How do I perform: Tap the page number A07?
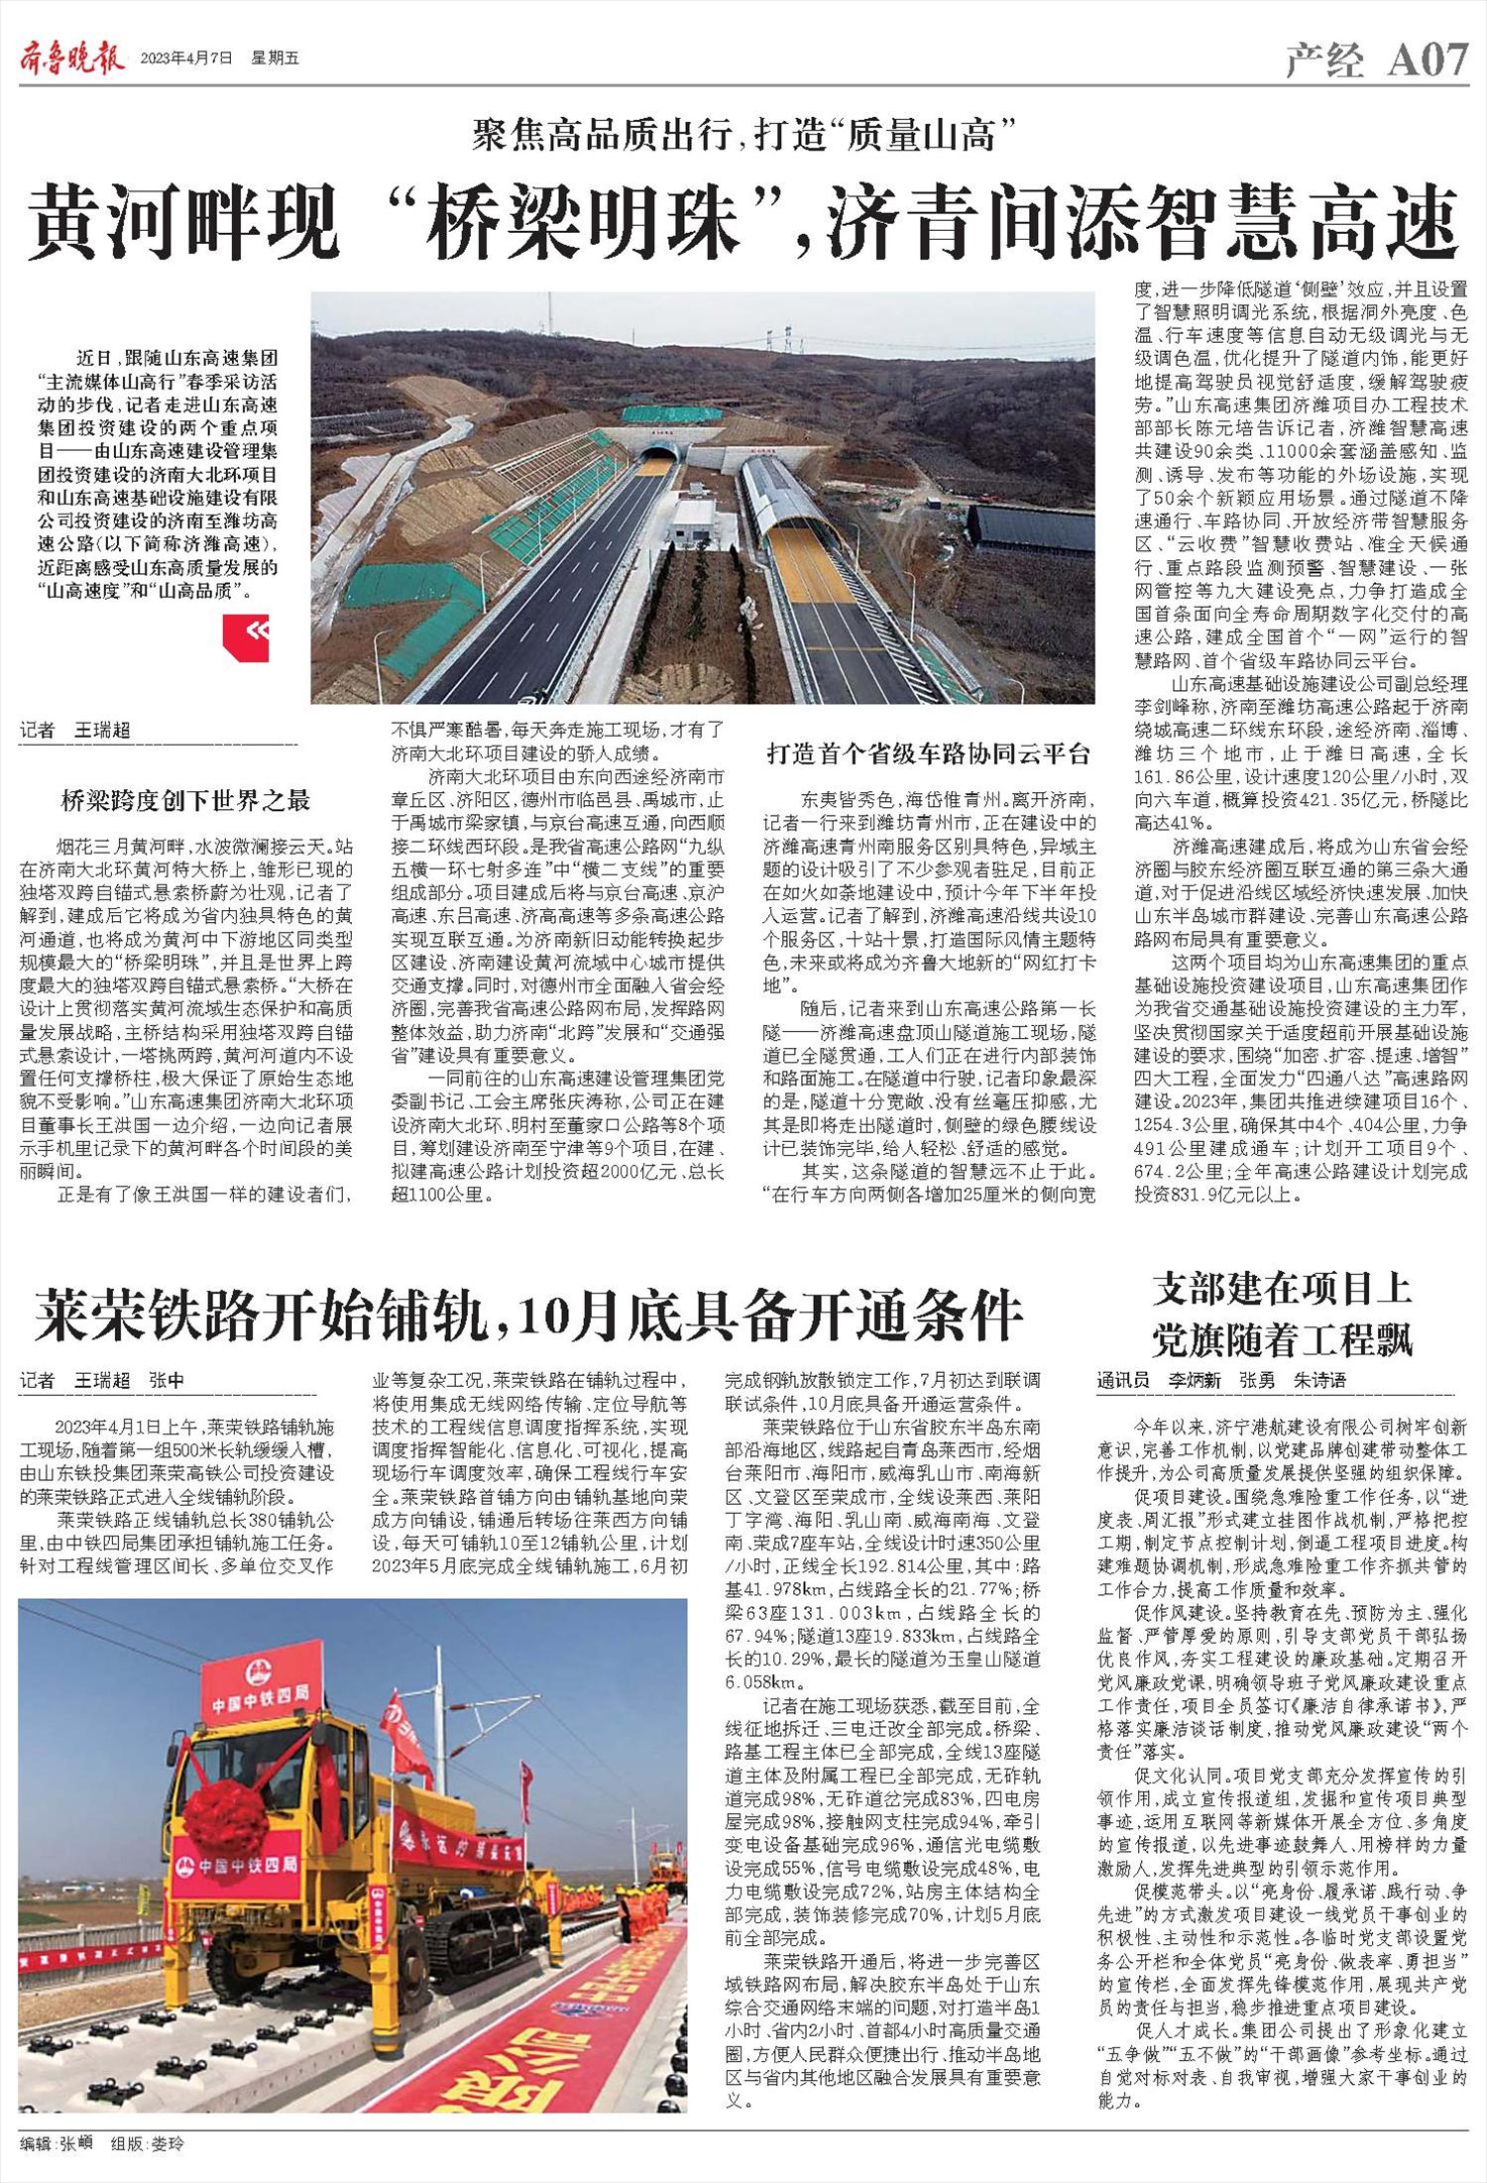[1427, 61]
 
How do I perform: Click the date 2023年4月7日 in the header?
[186, 59]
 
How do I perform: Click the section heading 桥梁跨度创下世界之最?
[185, 800]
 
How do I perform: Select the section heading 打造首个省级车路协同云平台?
[929, 753]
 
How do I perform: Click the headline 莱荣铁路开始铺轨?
[528, 1316]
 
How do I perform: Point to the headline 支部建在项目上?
[1282, 1290]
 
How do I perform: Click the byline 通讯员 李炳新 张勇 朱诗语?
[1221, 1380]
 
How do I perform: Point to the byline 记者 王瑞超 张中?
[102, 1380]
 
